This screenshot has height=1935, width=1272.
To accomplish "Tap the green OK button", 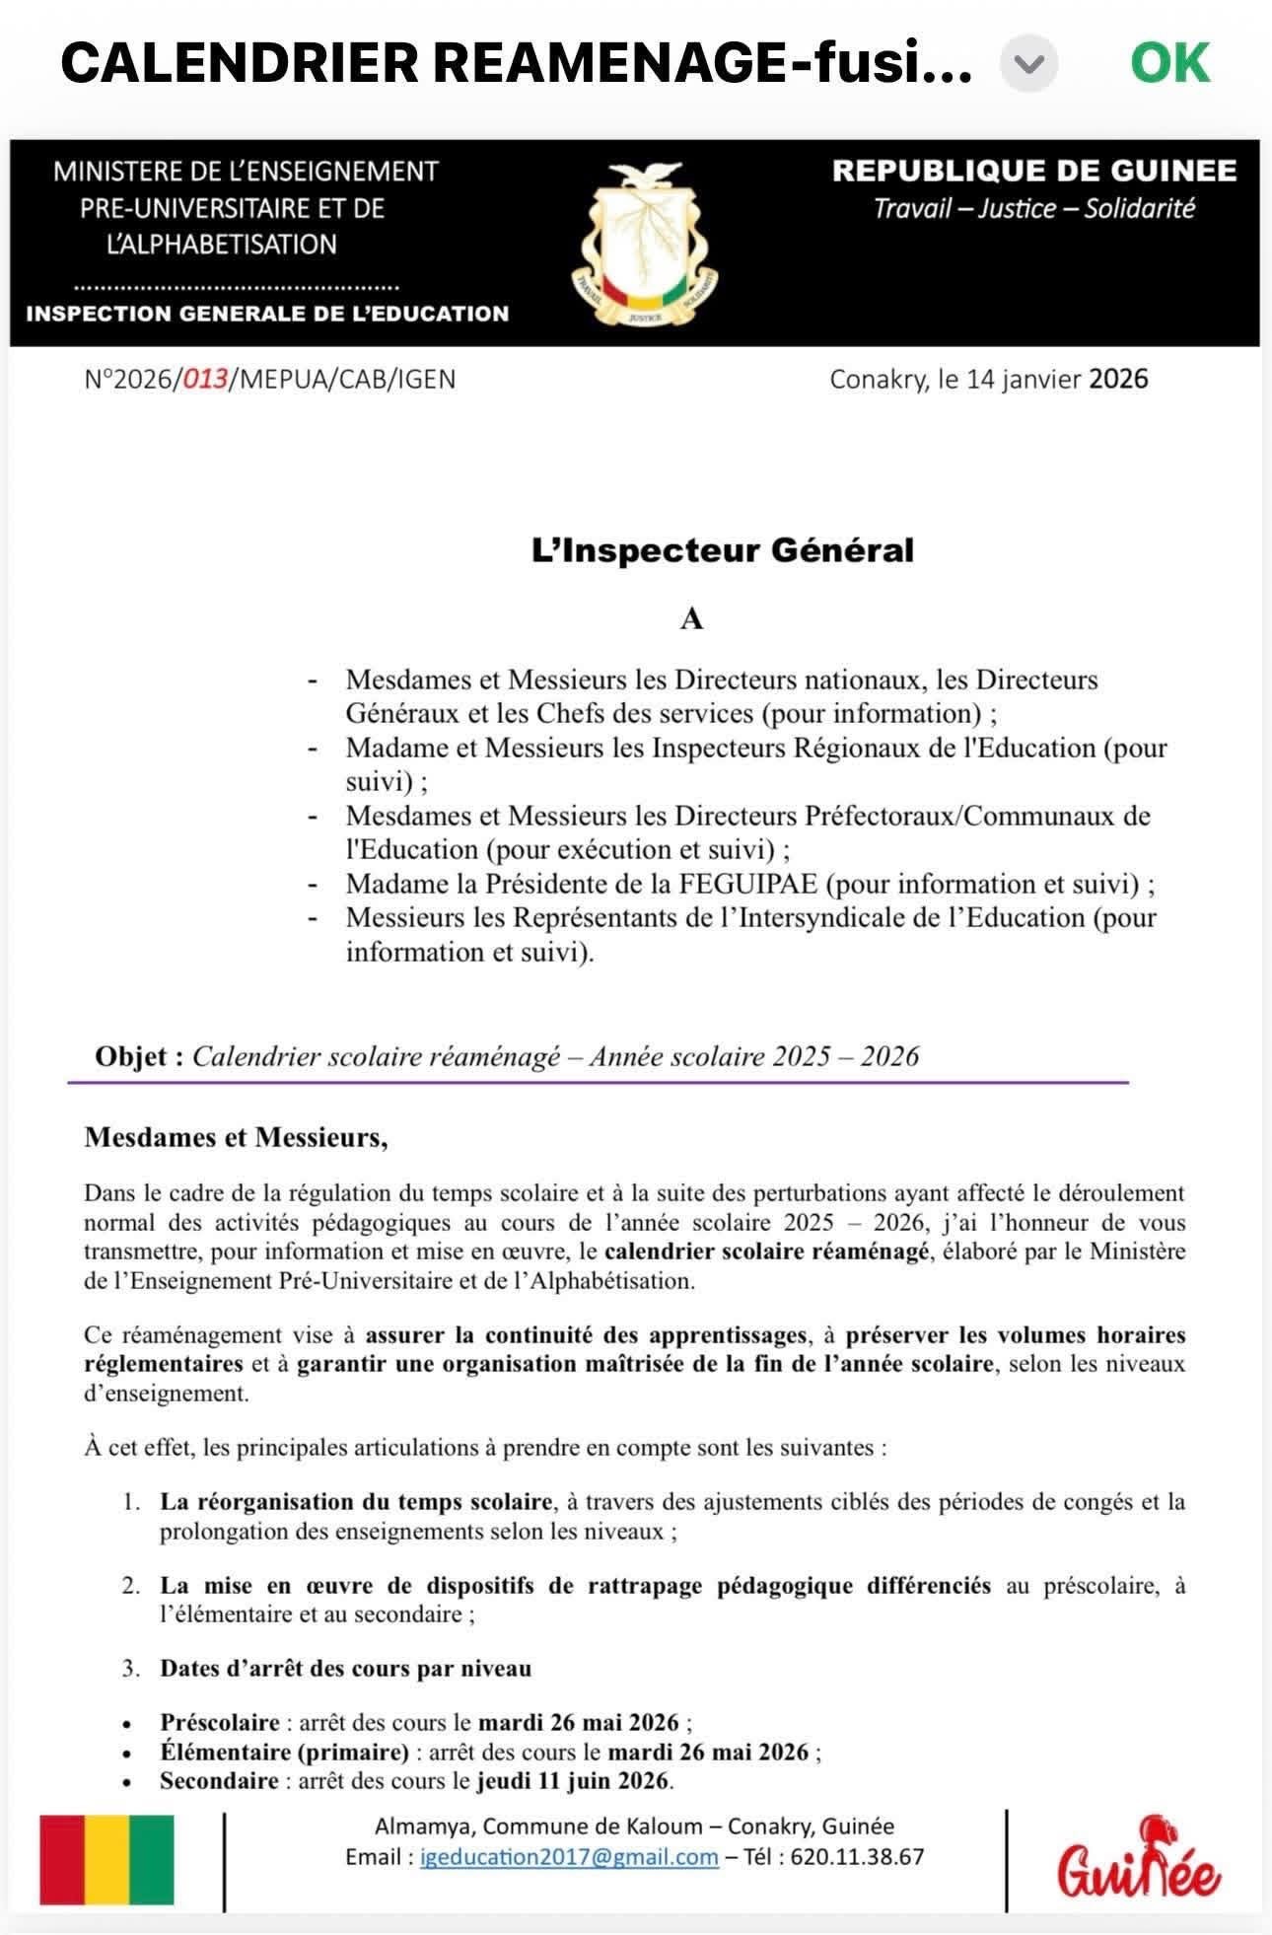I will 1169,62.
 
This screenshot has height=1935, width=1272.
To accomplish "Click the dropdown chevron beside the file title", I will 1028,64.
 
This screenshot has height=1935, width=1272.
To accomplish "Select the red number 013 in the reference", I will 205,380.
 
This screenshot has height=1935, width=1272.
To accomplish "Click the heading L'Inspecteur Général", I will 723,550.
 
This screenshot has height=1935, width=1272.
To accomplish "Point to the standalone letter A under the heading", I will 691,619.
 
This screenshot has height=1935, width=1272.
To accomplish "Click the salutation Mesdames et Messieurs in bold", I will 236,1137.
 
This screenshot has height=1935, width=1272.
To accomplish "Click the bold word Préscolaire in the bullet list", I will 220,1722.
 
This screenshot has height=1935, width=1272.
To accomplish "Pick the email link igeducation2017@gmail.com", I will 569,1857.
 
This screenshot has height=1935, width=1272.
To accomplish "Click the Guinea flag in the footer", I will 106,1859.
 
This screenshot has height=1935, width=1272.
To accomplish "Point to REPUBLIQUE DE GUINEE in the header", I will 1033,171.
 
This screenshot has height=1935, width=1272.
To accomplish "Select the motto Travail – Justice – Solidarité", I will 1033,208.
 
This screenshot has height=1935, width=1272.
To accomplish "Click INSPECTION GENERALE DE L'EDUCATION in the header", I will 267,314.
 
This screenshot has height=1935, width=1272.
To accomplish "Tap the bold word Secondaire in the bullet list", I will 219,1781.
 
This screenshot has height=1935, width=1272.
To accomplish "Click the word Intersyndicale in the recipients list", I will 811,917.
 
